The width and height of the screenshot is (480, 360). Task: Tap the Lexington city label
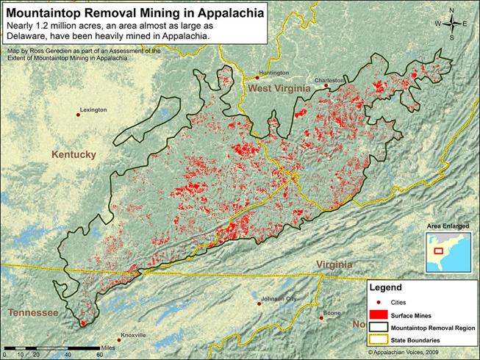(93, 109)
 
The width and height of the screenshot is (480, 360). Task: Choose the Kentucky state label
(74, 154)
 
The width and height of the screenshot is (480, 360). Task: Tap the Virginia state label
(334, 264)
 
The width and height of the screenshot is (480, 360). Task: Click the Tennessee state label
(32, 313)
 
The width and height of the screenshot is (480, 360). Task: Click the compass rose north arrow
(456, 15)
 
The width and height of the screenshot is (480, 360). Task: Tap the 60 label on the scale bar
(98, 354)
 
